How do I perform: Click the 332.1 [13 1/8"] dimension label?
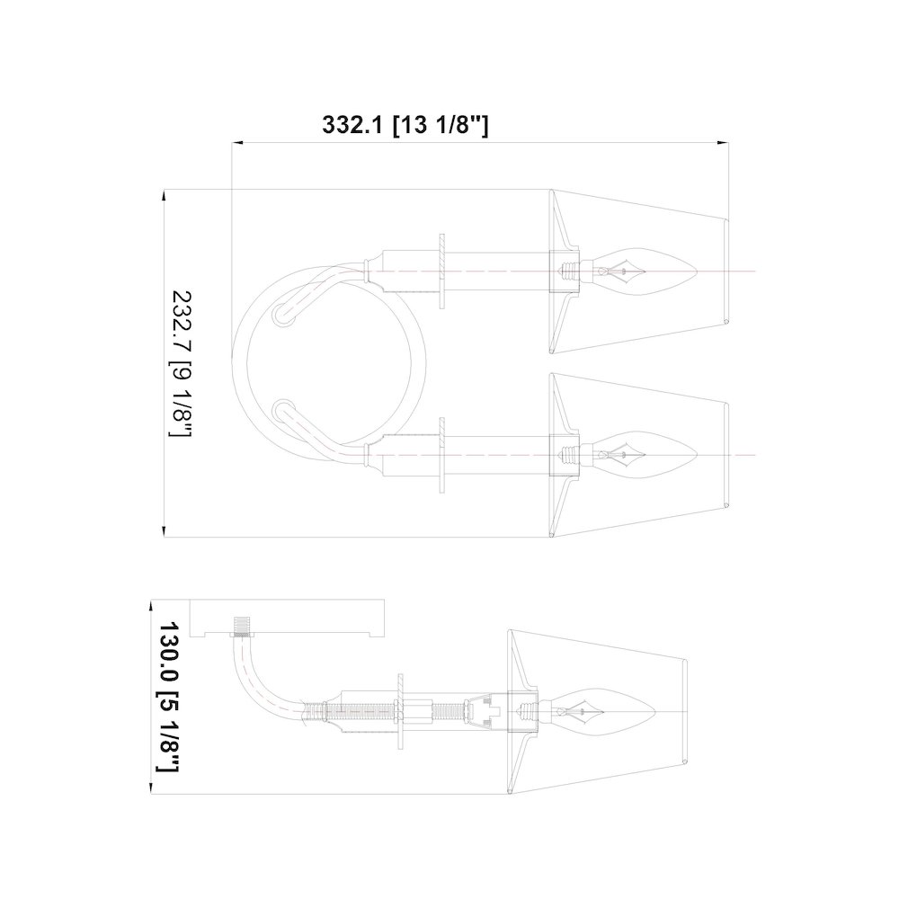click(405, 124)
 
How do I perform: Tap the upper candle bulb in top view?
click(642, 271)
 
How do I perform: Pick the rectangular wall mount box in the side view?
click(287, 619)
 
